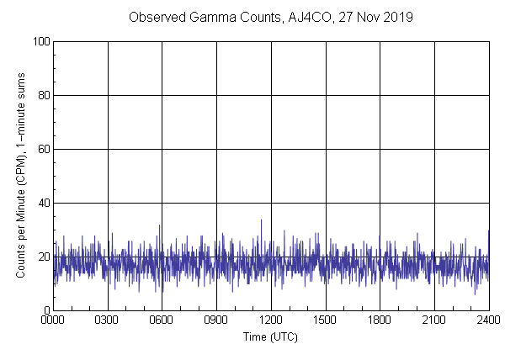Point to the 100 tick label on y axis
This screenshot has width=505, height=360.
pos(40,41)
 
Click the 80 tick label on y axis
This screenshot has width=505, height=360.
pos(43,95)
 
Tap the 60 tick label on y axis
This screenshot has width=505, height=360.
pos(43,149)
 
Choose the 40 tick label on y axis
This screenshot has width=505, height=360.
pos(43,203)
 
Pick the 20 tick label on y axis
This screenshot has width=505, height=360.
pos(43,257)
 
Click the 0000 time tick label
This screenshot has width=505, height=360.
pos(53,320)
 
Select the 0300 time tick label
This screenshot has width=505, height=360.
pos(108,320)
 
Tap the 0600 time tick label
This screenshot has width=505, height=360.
pos(162,320)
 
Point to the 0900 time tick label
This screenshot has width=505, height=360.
pos(216,320)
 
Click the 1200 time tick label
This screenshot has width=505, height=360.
pos(271,320)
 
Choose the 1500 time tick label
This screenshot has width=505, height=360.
pos(326,320)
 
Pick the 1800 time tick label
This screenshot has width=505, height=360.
pos(380,320)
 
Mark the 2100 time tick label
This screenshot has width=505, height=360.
pos(434,320)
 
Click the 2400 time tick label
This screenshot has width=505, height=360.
pos(488,320)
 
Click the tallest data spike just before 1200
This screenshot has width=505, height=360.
pos(261,220)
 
